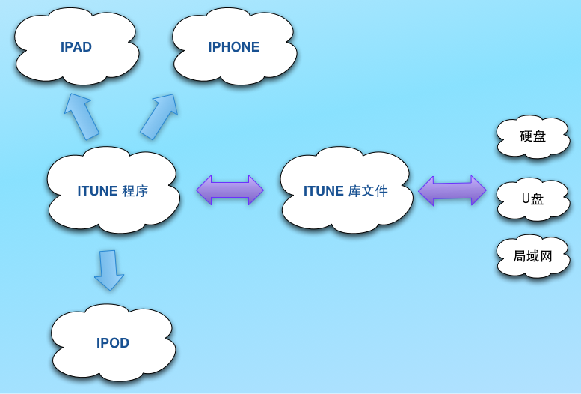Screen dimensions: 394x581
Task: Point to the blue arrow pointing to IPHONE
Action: (x=159, y=116)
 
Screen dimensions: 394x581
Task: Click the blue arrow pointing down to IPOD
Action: (x=109, y=270)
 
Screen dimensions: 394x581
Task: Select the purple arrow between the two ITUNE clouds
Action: (x=230, y=190)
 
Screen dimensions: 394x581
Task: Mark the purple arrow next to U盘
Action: (x=452, y=191)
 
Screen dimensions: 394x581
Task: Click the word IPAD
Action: (x=76, y=47)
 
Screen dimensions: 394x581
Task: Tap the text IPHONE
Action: (x=234, y=47)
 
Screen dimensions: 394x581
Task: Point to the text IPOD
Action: (x=113, y=343)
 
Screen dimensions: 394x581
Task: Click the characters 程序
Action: (x=135, y=191)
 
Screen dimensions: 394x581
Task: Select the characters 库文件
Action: (x=368, y=191)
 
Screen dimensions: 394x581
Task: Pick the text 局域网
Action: (x=532, y=256)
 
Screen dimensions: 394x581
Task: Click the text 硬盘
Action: (x=533, y=136)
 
